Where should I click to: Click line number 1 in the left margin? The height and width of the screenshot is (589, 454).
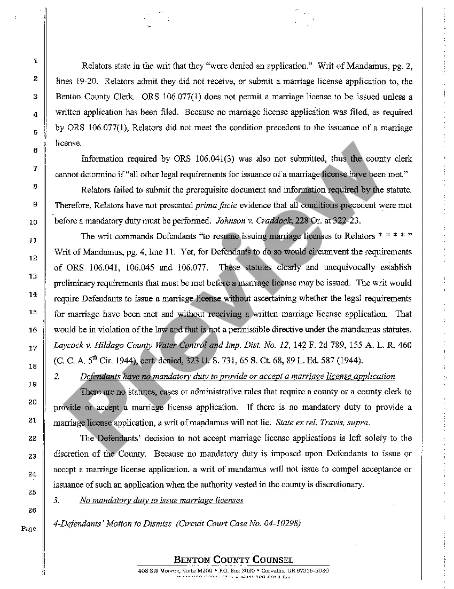(35, 61)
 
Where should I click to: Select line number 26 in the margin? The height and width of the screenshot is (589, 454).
(32, 511)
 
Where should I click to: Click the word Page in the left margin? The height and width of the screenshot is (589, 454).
(29, 529)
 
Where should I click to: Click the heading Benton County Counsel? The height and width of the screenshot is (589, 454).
(233, 560)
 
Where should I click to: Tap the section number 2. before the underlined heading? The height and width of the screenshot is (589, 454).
(57, 376)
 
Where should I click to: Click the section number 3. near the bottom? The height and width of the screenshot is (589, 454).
(57, 500)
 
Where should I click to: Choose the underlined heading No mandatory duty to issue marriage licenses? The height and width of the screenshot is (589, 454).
(161, 500)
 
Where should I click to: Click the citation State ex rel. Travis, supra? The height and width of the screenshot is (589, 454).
(323, 423)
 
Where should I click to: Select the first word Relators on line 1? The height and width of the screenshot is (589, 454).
(97, 67)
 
